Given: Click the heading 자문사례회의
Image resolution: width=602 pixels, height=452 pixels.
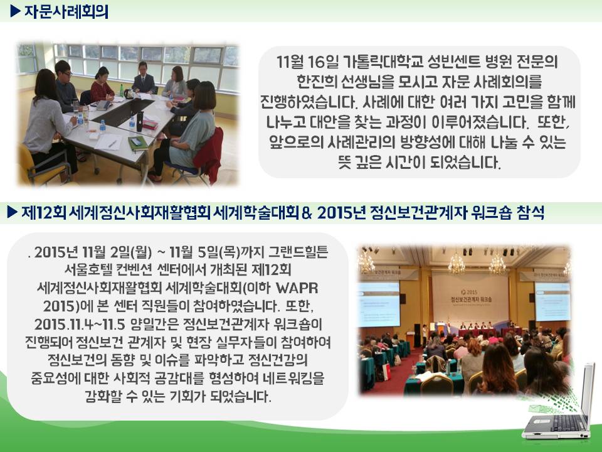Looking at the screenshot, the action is (66, 11).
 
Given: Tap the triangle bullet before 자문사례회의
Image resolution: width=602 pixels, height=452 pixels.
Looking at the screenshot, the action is (15, 11).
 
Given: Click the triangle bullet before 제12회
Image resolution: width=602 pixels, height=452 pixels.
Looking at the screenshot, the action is (13, 212).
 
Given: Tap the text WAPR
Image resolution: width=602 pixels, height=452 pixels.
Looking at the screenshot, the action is (297, 288).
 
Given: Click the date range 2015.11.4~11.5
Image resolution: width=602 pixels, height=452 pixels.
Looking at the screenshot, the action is (80, 325).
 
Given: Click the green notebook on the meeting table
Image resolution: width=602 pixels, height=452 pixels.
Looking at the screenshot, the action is (137, 143).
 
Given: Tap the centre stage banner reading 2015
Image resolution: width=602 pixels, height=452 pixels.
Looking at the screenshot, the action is (471, 296).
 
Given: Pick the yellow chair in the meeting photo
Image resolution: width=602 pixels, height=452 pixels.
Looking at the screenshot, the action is (39, 166).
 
